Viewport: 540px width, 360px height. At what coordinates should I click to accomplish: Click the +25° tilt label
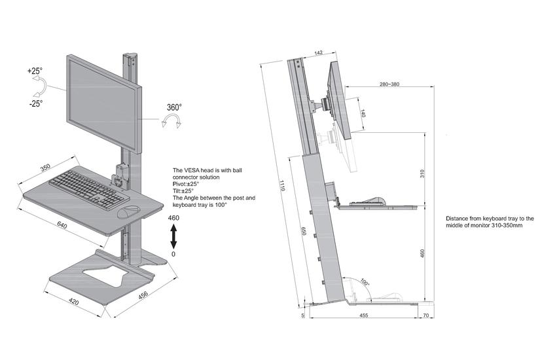[x=35, y=70]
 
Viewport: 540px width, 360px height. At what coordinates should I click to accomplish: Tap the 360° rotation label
[x=174, y=107]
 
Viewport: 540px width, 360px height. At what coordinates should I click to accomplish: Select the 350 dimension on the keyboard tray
[x=46, y=168]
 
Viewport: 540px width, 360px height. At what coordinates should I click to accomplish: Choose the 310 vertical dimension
[x=423, y=173]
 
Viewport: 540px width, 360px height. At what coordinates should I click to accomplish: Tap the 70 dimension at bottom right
[x=427, y=316]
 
